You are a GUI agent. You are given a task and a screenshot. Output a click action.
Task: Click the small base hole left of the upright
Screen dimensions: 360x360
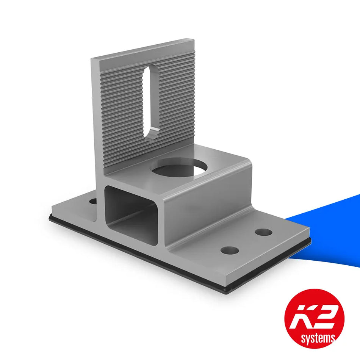[92, 200]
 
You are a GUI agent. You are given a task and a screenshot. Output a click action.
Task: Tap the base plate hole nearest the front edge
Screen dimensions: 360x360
[229, 250]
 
